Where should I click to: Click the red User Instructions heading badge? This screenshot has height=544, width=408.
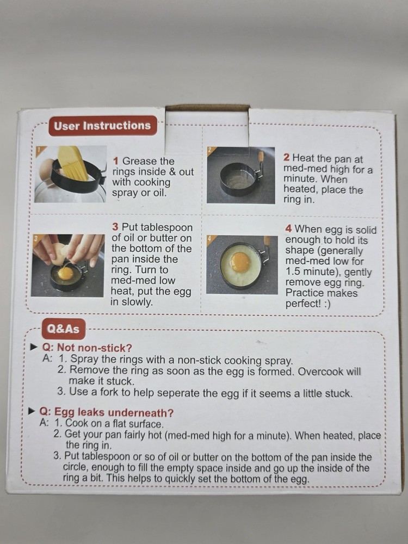pos(102,126)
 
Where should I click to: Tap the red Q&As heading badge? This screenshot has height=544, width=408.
pos(63,329)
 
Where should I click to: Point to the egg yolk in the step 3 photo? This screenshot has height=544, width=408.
pos(65,273)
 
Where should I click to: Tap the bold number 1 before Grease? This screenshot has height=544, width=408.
pos(116,161)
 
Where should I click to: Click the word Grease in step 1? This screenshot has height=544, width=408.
pos(140,161)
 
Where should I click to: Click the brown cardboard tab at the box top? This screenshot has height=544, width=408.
pos(207,108)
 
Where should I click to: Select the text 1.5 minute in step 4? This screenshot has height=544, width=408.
pos(308,272)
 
